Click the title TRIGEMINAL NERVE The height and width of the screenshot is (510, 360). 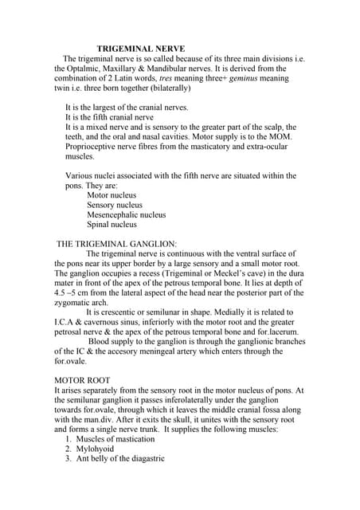[141, 49]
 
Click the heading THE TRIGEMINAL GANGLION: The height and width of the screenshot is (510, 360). [116, 243]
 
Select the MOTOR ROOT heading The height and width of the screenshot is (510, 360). [82, 379]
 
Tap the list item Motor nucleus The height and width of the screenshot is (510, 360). [112, 194]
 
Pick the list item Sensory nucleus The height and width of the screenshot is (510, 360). [114, 205]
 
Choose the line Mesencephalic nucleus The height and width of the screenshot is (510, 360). [126, 214]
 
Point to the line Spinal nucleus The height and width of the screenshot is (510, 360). [112, 225]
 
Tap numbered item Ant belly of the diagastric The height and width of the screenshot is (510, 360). [120, 458]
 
